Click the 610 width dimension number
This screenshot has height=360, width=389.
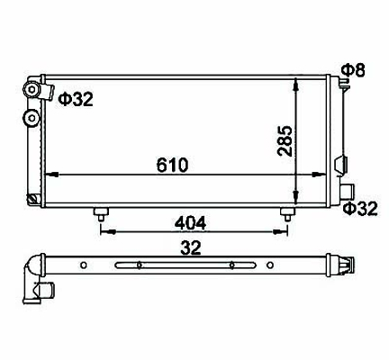click(172, 165)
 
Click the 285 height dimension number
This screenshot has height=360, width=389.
click(285, 140)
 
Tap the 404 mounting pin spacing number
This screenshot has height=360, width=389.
click(191, 223)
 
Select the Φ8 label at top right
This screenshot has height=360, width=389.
click(354, 70)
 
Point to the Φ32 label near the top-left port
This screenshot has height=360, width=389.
click(76, 99)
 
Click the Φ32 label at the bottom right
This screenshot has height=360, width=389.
click(360, 209)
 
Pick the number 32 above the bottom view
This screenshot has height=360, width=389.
click(191, 247)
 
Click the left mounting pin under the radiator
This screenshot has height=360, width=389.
click(101, 214)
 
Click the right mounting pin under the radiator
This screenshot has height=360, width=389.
click(287, 214)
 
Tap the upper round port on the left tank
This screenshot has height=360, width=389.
click(32, 89)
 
